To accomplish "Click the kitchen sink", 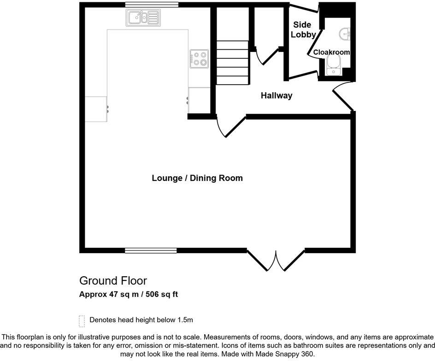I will tap(143, 18).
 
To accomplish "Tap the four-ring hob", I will tap(199, 58).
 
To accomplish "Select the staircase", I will tap(233, 63).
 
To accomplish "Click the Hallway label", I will tap(276, 96).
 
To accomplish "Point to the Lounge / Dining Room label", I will tap(197, 178).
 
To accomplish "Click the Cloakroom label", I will tap(331, 52).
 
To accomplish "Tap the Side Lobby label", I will tap(303, 29).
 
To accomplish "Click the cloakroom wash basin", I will tap(344, 33).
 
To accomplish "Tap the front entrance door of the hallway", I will tap(342, 97).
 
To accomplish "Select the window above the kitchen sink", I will tap(152, 5).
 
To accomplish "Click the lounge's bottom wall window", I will tap(151, 250).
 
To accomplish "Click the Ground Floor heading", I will tap(113, 280).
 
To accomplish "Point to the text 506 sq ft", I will tap(161, 294).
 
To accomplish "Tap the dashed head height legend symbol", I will tap(82, 320).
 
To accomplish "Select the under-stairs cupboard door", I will tap(264, 59).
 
